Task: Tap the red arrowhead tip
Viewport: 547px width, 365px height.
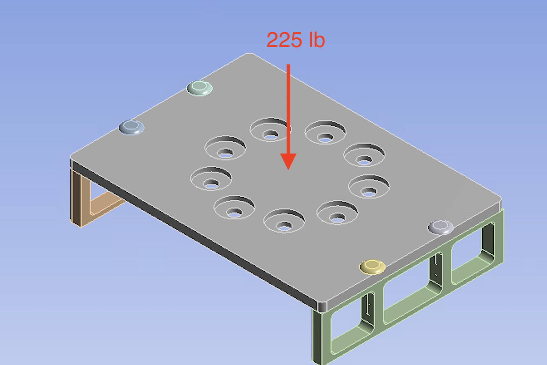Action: pyautogui.click(x=289, y=168)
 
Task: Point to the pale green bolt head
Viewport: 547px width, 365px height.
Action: pyautogui.click(x=200, y=88)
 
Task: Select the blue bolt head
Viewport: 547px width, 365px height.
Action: pyautogui.click(x=132, y=127)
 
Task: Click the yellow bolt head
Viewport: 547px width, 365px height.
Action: pyautogui.click(x=372, y=267)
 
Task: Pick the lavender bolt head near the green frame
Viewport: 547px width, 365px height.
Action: pyautogui.click(x=440, y=227)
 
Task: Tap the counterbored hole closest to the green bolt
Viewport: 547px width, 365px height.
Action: pyautogui.click(x=225, y=148)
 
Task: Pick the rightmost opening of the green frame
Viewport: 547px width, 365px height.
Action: pyautogui.click(x=469, y=258)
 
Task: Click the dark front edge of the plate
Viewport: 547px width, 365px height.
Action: pyautogui.click(x=191, y=235)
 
